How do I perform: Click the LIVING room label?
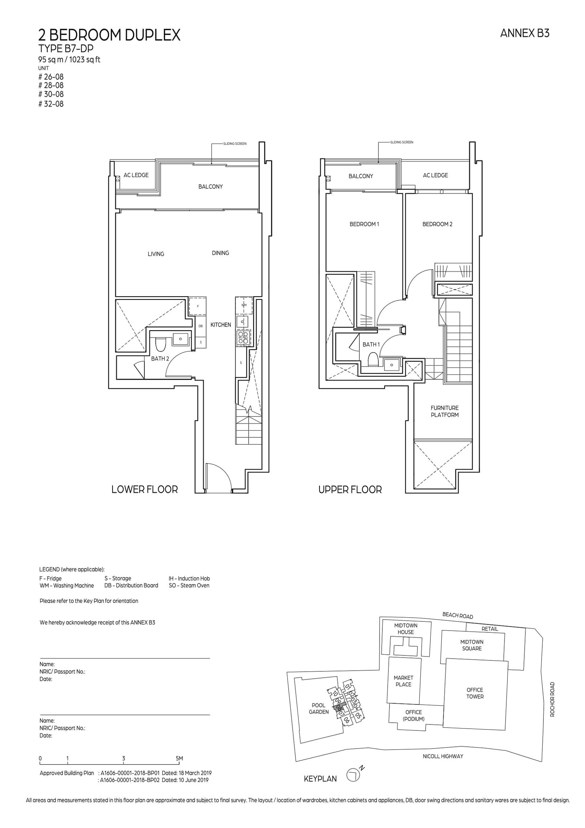[x=156, y=254]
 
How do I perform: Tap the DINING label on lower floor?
[x=220, y=253]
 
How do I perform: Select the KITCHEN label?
[x=220, y=325]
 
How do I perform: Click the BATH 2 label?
[x=160, y=359]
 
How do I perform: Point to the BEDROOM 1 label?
[x=364, y=224]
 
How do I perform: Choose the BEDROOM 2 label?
[x=437, y=224]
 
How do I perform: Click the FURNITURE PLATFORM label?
[x=444, y=411]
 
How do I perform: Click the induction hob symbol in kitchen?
[x=243, y=337]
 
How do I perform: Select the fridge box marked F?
[x=197, y=306]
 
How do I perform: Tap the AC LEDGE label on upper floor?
[x=435, y=175]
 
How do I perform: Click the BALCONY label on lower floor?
[x=210, y=187]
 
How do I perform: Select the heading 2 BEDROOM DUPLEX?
[x=109, y=35]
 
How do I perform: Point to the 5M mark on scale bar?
[x=179, y=759]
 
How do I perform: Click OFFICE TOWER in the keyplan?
[x=475, y=693]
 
